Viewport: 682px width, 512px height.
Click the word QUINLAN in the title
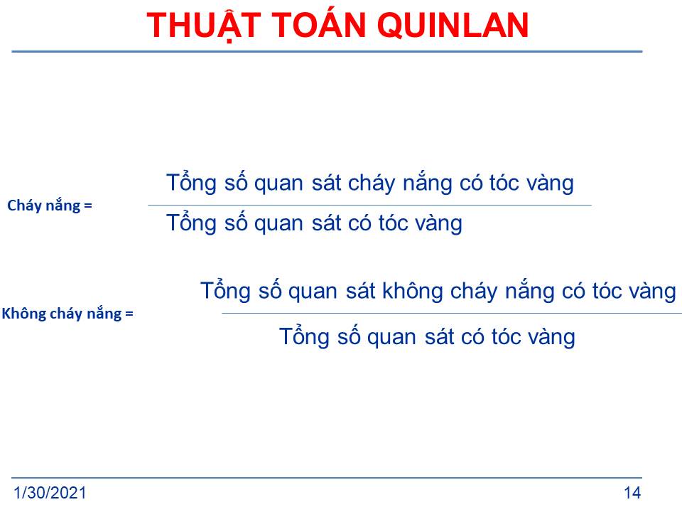click(x=453, y=26)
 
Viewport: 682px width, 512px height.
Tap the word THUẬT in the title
click(x=204, y=26)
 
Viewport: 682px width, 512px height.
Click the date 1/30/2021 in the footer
click(x=50, y=493)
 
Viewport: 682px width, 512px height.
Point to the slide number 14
click(x=632, y=493)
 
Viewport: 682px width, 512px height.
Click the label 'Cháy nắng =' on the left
click(x=50, y=206)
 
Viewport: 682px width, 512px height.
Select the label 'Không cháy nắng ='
click(x=67, y=314)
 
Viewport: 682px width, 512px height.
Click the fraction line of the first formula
click(x=369, y=205)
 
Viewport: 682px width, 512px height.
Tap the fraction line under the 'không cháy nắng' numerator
click(x=452, y=313)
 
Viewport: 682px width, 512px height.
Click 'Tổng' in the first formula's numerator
click(x=191, y=182)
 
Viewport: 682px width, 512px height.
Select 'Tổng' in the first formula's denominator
click(x=191, y=223)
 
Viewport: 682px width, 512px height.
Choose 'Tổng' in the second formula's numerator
click(x=225, y=290)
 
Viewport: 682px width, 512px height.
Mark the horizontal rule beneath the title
click(x=327, y=51)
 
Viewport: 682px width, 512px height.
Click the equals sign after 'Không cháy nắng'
click(x=129, y=314)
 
